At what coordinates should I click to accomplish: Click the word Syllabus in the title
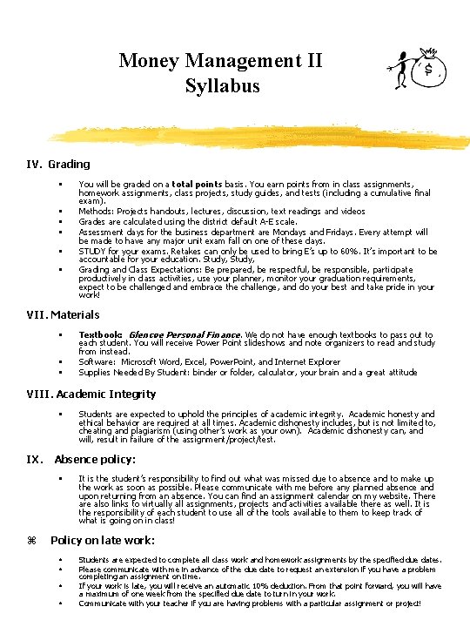(222, 86)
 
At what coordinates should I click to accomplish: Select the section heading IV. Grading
(58, 164)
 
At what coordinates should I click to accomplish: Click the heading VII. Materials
(63, 314)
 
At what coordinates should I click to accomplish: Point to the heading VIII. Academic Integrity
(91, 394)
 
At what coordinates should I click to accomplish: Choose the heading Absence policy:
(95, 459)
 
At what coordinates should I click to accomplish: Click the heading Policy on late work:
(104, 541)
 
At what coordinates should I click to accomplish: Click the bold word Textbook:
(100, 334)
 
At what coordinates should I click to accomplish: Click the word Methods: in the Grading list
(94, 211)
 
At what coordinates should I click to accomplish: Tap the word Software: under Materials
(97, 361)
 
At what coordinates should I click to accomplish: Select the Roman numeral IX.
(34, 459)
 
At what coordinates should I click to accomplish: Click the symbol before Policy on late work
(31, 541)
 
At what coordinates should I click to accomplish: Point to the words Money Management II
(221, 61)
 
